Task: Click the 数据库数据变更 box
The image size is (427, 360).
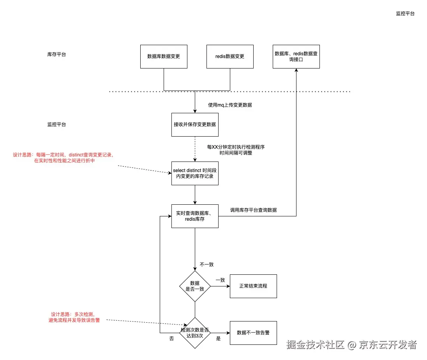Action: (164, 56)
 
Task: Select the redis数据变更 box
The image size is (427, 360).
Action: (230, 56)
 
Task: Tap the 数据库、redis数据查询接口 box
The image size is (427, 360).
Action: (296, 56)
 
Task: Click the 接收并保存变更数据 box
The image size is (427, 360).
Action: (195, 125)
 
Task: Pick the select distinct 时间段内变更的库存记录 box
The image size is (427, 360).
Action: (195, 174)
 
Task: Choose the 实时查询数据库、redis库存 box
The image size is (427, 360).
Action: (195, 216)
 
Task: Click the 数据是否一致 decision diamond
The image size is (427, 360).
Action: (195, 286)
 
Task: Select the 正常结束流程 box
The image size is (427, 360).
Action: (253, 286)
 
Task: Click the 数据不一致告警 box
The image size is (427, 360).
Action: (253, 333)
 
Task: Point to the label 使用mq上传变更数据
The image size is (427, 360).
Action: (230, 105)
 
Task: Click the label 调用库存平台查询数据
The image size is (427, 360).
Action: (253, 210)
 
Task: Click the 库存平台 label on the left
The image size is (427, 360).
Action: (56, 54)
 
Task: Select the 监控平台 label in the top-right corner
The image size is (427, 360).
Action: (405, 13)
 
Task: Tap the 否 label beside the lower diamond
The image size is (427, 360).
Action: (171, 339)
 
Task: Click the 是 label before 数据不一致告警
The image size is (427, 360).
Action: (218, 339)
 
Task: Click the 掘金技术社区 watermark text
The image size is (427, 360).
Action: (316, 345)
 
